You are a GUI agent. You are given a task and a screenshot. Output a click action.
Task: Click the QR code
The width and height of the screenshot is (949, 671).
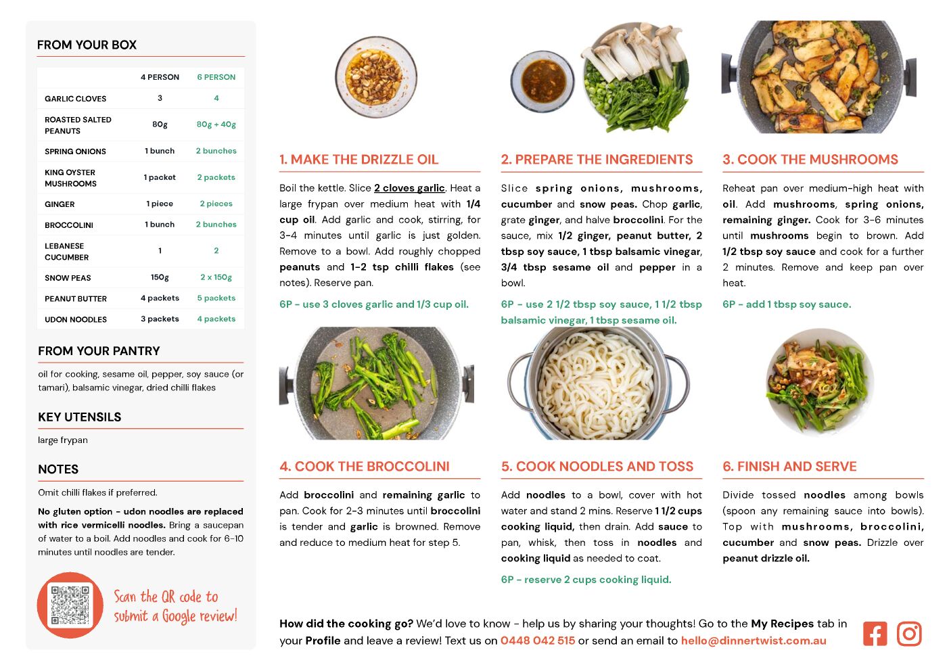pos(70,605)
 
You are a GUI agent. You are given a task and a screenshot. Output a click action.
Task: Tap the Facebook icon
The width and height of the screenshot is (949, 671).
pos(875,634)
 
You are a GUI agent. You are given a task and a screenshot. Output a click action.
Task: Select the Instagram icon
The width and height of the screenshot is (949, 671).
pos(909,634)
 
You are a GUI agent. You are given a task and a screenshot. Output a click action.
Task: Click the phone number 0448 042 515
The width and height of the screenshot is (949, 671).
pos(538,641)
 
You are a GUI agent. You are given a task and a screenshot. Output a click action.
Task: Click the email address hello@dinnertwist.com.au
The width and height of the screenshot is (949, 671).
pos(754,641)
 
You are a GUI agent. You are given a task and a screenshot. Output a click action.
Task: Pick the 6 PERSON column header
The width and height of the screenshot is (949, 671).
pos(216,77)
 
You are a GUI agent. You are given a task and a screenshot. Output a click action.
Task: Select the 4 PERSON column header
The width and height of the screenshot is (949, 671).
pos(160,77)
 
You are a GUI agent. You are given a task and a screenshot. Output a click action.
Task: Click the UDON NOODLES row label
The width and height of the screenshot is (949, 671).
pos(76,319)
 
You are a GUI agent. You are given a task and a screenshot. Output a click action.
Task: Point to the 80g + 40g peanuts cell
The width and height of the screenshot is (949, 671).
pos(216,124)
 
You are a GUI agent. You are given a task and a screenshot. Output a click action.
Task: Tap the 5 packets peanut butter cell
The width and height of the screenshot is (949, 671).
pos(216,298)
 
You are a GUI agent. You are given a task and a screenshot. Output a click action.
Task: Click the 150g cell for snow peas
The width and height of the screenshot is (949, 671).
pos(160,277)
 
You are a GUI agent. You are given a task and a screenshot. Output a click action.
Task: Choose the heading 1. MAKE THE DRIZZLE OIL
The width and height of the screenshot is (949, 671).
pos(359,159)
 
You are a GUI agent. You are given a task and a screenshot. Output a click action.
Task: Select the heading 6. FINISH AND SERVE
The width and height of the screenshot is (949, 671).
pos(789,466)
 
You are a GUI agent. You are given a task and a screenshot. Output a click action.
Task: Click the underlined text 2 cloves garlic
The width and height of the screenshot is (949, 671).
pos(409,187)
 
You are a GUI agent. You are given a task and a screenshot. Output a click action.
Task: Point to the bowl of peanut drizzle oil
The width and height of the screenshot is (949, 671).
pos(376,76)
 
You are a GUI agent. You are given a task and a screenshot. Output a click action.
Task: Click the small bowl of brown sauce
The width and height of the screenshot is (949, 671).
pos(542,81)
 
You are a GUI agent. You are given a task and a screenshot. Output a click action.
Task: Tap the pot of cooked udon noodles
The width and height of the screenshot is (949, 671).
pos(598,384)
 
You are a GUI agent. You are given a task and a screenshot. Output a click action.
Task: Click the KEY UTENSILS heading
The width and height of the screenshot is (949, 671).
pos(80,417)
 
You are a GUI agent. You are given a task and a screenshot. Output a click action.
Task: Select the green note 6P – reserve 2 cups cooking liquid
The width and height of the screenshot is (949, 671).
pos(586,579)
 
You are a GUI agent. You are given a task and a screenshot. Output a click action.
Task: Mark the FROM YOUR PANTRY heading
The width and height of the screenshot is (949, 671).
pos(99,351)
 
